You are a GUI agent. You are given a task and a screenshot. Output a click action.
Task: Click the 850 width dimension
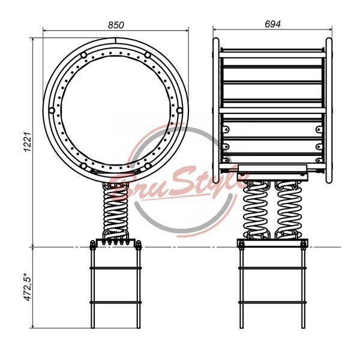[x=116, y=25]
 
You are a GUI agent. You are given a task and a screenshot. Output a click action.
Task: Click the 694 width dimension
[x=272, y=24]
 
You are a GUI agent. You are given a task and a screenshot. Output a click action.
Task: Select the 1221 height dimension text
[x=28, y=142]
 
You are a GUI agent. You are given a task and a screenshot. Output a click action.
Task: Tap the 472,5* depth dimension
[x=28, y=287]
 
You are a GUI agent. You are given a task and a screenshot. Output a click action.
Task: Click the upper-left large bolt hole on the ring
[x=83, y=55]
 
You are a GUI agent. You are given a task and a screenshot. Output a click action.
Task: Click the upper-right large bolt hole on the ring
[x=148, y=55]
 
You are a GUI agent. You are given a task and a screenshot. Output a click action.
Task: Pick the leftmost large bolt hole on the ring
[x=52, y=110]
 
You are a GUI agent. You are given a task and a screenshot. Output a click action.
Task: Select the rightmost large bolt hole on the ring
[x=179, y=110]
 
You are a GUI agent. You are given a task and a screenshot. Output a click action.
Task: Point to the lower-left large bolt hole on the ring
[x=83, y=166]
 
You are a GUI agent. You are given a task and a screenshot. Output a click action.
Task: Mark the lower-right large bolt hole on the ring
[x=148, y=166]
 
